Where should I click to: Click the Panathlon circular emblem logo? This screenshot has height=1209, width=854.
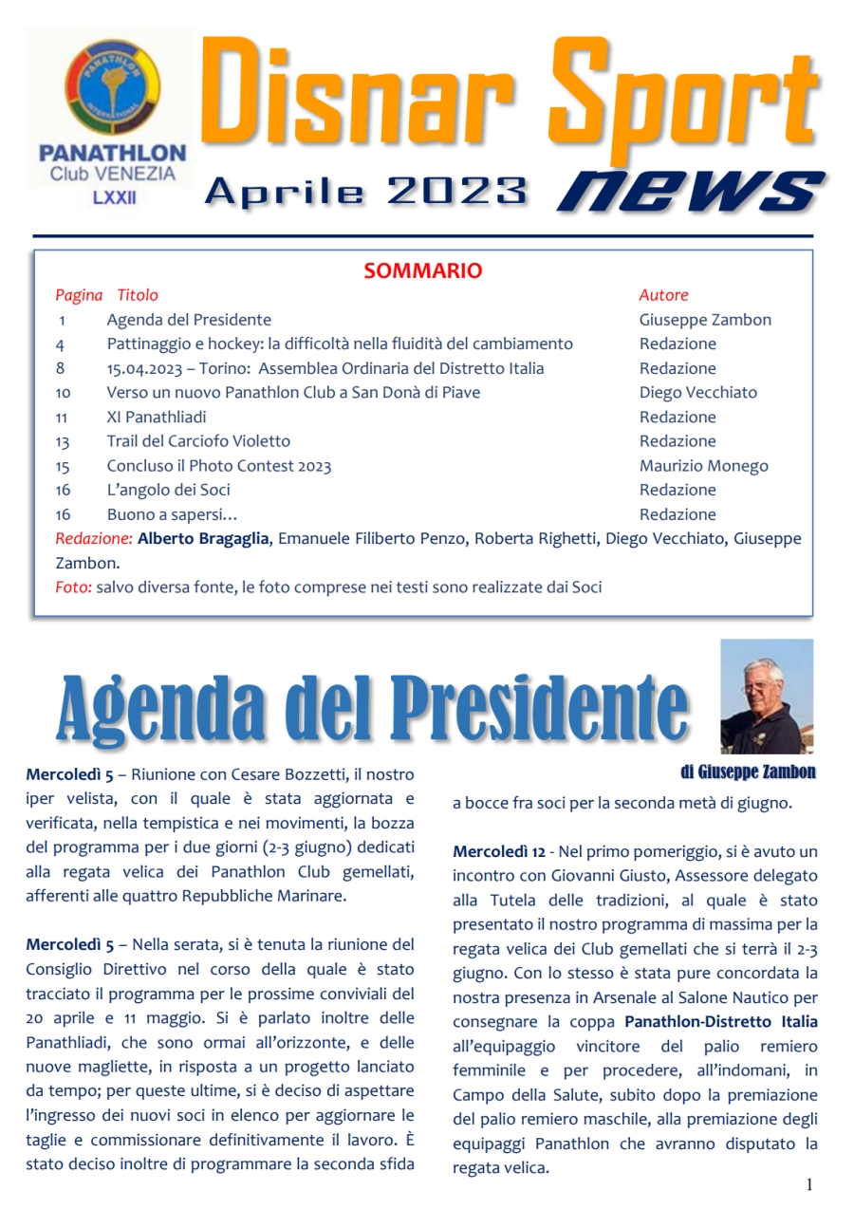tap(111, 85)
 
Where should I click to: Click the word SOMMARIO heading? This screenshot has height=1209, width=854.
tap(422, 271)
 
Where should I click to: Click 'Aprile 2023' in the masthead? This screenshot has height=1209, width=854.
tap(365, 193)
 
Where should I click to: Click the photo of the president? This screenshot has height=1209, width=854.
tap(766, 696)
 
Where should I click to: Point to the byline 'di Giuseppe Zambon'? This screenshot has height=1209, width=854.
tap(748, 772)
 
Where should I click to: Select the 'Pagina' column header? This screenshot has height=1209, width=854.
tap(78, 295)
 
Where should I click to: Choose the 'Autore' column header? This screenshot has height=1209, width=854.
tap(663, 295)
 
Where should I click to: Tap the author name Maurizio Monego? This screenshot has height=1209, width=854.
tap(703, 466)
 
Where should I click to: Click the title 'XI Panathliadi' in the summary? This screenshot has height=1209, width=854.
tap(157, 417)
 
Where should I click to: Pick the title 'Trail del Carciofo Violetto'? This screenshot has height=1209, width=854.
tap(198, 441)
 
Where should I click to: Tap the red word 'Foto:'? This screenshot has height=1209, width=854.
tap(73, 587)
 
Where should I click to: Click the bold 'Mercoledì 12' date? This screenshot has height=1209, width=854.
tap(496, 851)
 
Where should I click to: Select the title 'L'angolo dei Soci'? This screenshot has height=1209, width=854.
tap(168, 490)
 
